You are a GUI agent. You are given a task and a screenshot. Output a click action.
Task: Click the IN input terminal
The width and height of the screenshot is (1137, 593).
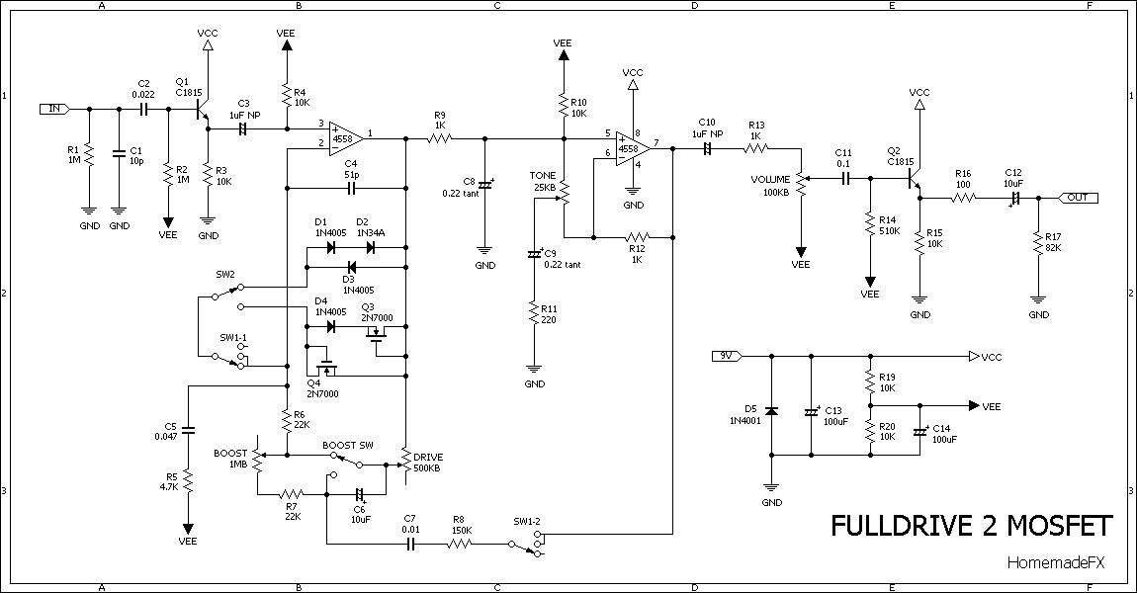[x=55, y=109]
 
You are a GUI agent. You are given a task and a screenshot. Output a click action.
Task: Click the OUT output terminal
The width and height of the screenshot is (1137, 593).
[x=1079, y=198]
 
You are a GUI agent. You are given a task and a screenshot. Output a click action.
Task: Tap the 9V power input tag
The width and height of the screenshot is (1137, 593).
[x=726, y=356]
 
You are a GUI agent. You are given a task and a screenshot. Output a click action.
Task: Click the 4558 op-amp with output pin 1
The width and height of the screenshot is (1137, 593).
[x=345, y=137]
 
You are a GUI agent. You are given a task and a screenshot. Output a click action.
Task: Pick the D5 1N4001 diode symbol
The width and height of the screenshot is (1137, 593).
[x=771, y=411]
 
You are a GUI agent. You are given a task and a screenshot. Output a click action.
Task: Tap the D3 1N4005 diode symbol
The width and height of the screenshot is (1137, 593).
[x=352, y=267]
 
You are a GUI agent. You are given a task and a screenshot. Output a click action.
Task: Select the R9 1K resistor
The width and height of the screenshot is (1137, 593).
[x=440, y=137]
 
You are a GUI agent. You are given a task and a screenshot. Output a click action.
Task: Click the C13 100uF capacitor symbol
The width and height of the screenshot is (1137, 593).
[x=811, y=412]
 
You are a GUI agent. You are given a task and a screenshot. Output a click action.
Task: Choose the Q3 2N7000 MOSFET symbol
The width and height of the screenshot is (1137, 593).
[x=377, y=334]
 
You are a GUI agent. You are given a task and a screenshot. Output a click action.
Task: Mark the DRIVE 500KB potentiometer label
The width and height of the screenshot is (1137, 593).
[x=428, y=463]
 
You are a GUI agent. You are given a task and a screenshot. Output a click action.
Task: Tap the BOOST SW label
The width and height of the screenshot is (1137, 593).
[x=348, y=445]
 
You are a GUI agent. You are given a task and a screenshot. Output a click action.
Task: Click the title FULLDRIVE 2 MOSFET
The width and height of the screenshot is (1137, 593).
[x=971, y=527]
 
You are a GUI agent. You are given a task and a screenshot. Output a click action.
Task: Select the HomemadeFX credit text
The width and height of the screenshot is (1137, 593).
[x=1056, y=563]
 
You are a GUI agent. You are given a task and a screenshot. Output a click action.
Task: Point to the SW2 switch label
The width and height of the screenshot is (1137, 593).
[x=225, y=275]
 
